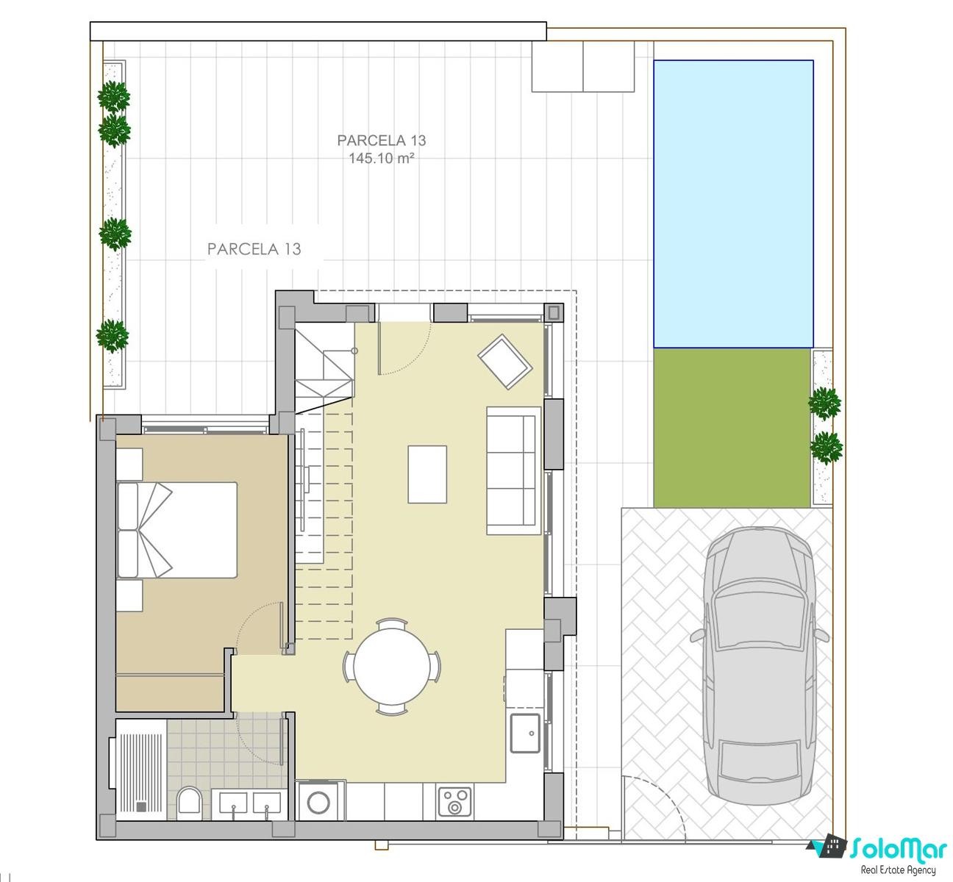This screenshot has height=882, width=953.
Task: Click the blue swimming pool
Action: [732, 204]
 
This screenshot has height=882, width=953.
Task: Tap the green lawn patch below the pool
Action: [732, 428]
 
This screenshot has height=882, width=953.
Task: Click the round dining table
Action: [392, 667]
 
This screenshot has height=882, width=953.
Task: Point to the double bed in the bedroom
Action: [177, 530]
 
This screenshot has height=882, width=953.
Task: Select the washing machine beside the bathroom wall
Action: [319, 801]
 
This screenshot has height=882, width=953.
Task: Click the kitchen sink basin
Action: [525, 734]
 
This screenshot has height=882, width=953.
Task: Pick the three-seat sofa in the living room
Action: [513, 470]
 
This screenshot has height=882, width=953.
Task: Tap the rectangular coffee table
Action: [427, 474]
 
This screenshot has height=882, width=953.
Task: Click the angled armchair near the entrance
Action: [505, 362]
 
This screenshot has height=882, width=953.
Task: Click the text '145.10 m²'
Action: [382, 158]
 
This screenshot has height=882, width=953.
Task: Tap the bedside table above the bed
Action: [129, 464]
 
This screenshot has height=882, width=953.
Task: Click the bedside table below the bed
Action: [129, 595]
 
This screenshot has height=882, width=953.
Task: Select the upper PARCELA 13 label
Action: [382, 140]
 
